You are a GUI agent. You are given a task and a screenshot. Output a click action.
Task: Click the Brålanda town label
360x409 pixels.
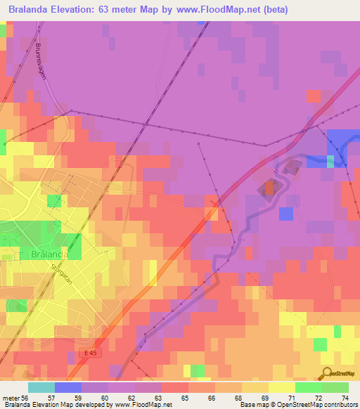[x=51, y=254]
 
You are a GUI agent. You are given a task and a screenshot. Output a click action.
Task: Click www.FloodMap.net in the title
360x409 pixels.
[x=219, y=10]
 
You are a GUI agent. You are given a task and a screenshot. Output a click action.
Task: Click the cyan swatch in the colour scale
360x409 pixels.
[x=41, y=387]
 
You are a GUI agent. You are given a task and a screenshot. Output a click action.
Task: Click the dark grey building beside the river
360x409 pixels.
[x=268, y=188]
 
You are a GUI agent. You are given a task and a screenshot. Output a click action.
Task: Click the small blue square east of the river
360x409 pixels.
[x=285, y=213]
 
